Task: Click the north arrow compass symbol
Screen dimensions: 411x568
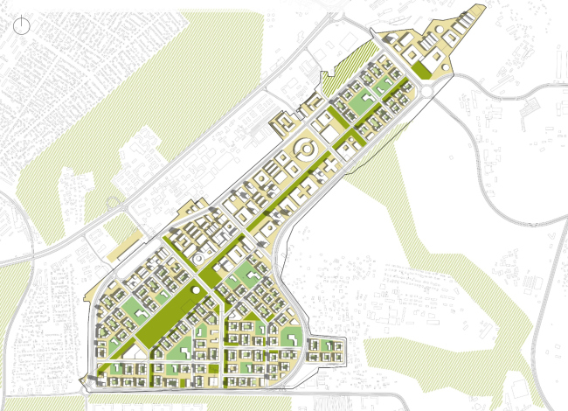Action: point(23,26)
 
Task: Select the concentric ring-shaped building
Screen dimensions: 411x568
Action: point(305,150)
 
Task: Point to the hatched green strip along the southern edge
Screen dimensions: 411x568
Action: point(262,399)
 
